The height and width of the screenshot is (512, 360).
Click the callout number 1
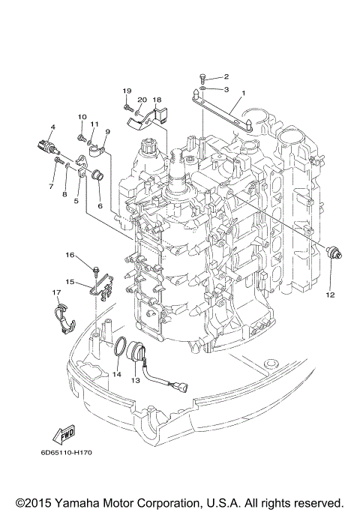tap(242, 94)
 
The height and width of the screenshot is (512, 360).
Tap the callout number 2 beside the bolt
tap(226, 76)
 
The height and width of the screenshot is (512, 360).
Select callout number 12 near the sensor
tap(329, 295)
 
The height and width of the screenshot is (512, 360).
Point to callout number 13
tap(135, 380)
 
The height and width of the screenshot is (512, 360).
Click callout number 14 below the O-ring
tap(116, 373)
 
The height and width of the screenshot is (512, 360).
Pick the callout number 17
tap(55, 292)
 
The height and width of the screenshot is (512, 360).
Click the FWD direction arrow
tap(61, 436)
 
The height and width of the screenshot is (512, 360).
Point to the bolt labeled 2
tap(203, 76)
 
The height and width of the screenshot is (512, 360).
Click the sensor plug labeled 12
tap(334, 253)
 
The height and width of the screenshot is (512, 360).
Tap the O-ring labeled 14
tap(119, 346)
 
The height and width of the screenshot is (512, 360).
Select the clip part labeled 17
tap(65, 316)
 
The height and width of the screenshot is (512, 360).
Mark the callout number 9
tap(106, 131)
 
